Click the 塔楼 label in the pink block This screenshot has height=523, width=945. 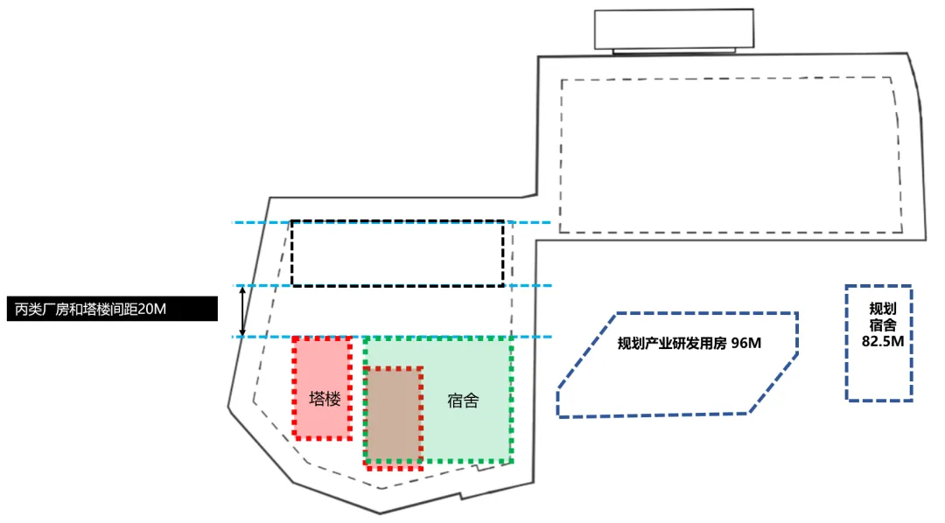[x=325, y=400]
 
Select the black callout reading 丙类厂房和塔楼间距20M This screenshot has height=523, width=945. [x=108, y=309]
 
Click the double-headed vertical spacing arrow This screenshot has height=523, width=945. [x=244, y=311]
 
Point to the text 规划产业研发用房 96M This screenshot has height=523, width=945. [x=689, y=344]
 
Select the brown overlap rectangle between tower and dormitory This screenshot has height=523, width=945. [x=394, y=416]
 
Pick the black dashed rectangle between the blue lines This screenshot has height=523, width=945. [x=397, y=254]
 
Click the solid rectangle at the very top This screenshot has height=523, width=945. [x=672, y=30]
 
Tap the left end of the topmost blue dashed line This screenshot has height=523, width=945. [x=234, y=223]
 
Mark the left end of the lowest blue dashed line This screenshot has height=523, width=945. [x=234, y=337]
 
